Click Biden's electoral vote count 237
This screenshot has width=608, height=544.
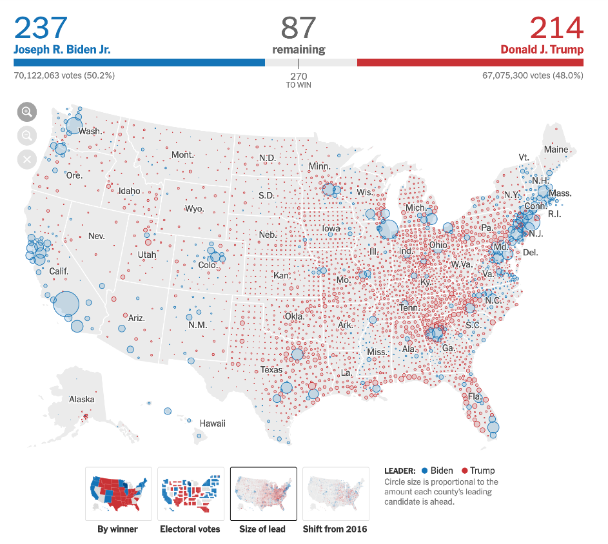pyautogui.click(x=41, y=28)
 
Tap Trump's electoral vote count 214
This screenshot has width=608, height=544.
pyautogui.click(x=556, y=28)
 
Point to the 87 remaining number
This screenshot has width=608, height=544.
pyautogui.click(x=299, y=28)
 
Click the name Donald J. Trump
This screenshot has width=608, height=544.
pyautogui.click(x=542, y=50)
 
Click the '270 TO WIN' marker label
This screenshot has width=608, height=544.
pyautogui.click(x=299, y=80)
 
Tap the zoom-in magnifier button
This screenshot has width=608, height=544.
pyautogui.click(x=27, y=112)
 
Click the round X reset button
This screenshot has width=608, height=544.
pyautogui.click(x=27, y=159)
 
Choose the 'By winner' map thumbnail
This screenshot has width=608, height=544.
pyautogui.click(x=118, y=494)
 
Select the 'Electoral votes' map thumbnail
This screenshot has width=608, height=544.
pyautogui.click(x=190, y=494)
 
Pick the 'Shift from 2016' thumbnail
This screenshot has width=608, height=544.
pyautogui.click(x=335, y=494)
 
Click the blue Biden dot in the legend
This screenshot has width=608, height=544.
pyautogui.click(x=424, y=471)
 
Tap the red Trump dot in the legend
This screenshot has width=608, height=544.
pyautogui.click(x=464, y=471)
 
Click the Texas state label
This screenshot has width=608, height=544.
pyautogui.click(x=271, y=370)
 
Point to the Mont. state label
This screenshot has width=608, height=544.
pyautogui.click(x=182, y=155)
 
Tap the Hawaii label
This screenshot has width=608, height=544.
pyautogui.click(x=212, y=423)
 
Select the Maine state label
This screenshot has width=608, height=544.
pyautogui.click(x=556, y=150)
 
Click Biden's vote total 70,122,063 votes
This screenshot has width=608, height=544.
pyautogui.click(x=64, y=75)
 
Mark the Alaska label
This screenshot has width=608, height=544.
pyautogui.click(x=82, y=400)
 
